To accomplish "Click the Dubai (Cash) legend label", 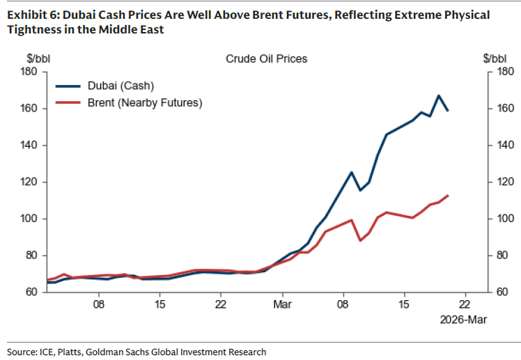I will point(120,86).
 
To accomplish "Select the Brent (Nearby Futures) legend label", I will point(144,102).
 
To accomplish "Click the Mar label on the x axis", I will point(281,304).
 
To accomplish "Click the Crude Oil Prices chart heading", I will point(266,58).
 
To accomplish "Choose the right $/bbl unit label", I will point(495,58).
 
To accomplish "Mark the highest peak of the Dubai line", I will point(438,95).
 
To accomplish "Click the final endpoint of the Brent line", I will point(447,196).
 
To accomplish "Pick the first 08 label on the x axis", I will point(99,304).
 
